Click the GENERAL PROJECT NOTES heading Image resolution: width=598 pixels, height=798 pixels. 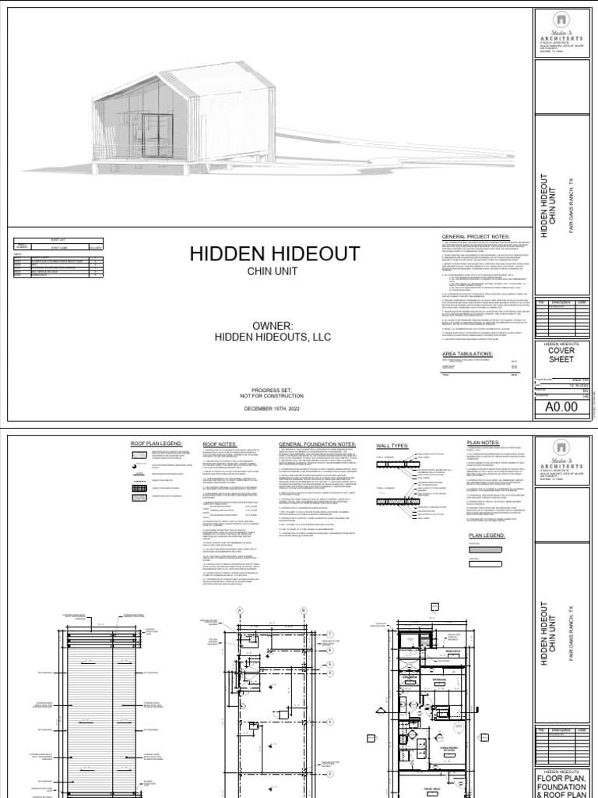click(475, 236)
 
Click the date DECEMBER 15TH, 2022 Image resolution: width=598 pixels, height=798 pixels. click(271, 408)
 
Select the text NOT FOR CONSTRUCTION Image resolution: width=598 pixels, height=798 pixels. click(271, 396)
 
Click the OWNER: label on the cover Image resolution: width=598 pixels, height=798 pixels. click(271, 325)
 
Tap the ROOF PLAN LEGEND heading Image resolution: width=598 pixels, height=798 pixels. click(157, 444)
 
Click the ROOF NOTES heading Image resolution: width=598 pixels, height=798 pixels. click(220, 444)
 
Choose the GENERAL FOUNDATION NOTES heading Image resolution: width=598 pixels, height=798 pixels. click(318, 444)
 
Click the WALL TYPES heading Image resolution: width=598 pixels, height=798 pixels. click(392, 445)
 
